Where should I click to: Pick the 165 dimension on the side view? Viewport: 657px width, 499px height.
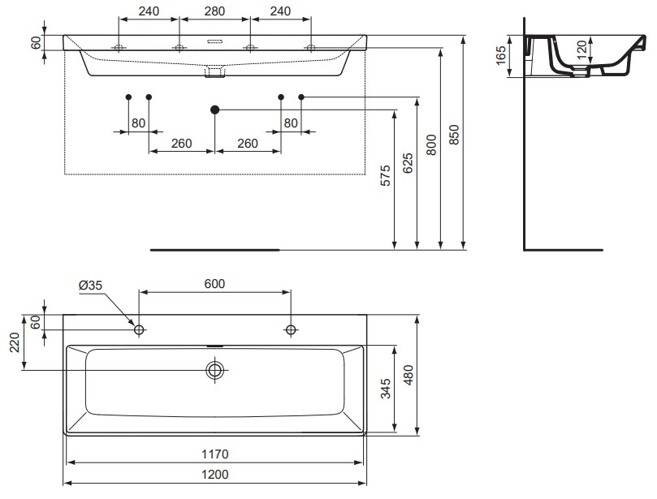pyautogui.click(x=501, y=55)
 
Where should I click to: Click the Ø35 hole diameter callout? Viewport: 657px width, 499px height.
pyautogui.click(x=90, y=285)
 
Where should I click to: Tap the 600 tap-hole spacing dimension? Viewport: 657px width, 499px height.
pyautogui.click(x=214, y=284)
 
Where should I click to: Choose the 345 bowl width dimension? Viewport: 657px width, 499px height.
pyautogui.click(x=387, y=389)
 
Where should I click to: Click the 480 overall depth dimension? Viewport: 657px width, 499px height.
pyautogui.click(x=409, y=375)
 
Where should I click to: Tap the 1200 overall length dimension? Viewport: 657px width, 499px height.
pyautogui.click(x=214, y=475)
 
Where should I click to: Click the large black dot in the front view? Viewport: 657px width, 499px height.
pyautogui.click(x=214, y=109)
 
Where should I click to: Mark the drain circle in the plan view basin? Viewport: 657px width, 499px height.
pyautogui.click(x=215, y=370)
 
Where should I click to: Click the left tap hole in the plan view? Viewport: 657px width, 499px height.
pyautogui.click(x=139, y=329)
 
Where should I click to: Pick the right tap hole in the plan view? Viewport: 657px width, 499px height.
pyautogui.click(x=291, y=329)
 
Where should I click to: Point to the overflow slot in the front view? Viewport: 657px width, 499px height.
pyautogui.click(x=214, y=41)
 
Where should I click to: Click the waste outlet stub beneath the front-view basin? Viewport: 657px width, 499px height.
pyautogui.click(x=214, y=74)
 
